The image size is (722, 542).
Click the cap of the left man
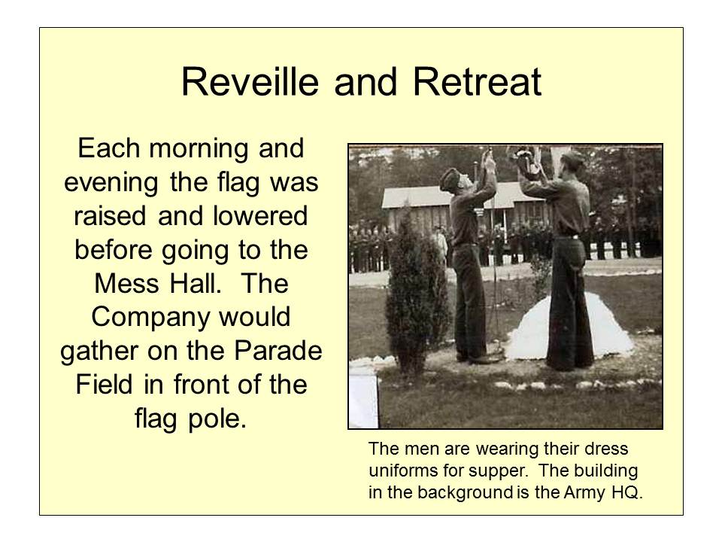pos(450,177)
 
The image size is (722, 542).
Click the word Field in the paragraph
pos(102,385)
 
